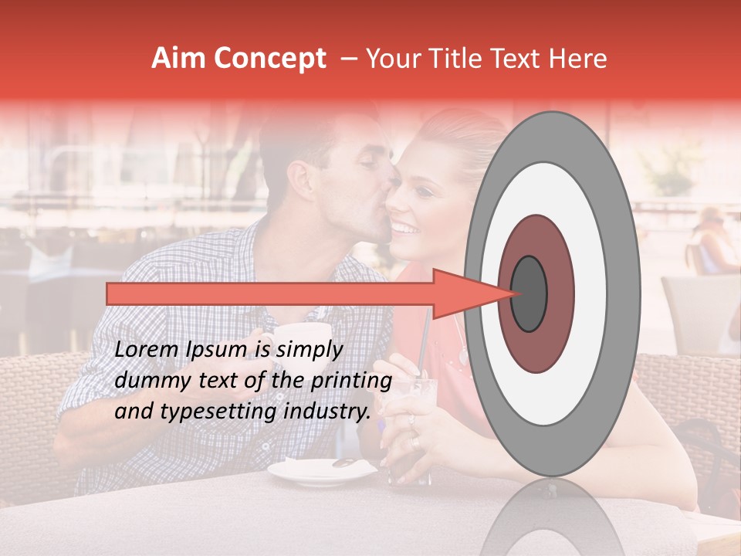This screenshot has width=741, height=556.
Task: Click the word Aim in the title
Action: pos(178,59)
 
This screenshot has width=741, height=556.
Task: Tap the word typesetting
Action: pos(224,412)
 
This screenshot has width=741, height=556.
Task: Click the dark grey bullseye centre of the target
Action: pos(529,293)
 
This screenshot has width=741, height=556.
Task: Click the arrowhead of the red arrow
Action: pos(463,293)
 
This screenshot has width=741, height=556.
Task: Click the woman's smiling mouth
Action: pos(404,229)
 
